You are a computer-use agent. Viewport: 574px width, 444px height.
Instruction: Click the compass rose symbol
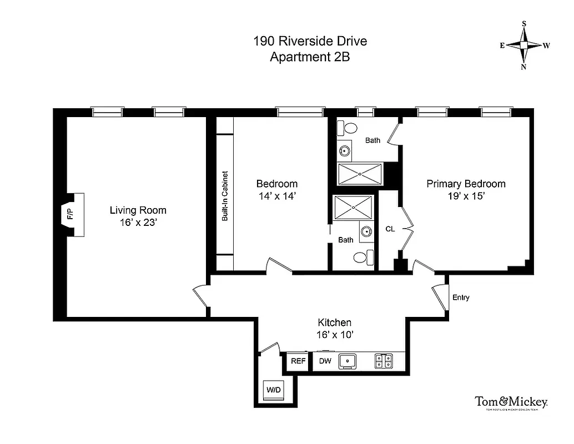point(524,45)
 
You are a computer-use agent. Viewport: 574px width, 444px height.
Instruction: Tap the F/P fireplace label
point(70,214)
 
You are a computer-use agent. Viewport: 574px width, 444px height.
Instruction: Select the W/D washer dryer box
point(274,390)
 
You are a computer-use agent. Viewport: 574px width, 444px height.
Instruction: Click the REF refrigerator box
point(298,361)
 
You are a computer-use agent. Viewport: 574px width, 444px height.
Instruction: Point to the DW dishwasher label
point(325,361)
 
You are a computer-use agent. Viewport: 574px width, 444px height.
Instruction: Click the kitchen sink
point(348,361)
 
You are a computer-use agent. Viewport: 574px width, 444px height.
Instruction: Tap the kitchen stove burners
point(383,361)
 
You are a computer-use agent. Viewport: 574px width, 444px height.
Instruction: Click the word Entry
point(461,297)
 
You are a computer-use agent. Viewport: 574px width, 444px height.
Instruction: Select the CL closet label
point(390,229)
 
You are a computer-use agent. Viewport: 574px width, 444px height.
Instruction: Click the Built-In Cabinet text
point(225,195)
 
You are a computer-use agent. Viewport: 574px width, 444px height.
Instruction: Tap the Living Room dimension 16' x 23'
point(138,223)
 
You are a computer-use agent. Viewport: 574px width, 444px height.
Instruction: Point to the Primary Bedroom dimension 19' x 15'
point(466,196)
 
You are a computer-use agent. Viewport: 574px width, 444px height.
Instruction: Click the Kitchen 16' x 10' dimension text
point(334,335)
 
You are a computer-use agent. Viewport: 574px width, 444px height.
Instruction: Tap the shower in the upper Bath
point(360,174)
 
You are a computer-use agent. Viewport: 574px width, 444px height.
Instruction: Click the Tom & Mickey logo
point(511,403)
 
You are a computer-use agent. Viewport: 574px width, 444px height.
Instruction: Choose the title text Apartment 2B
point(310,57)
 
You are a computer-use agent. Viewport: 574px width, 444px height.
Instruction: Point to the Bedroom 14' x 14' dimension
point(276,196)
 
